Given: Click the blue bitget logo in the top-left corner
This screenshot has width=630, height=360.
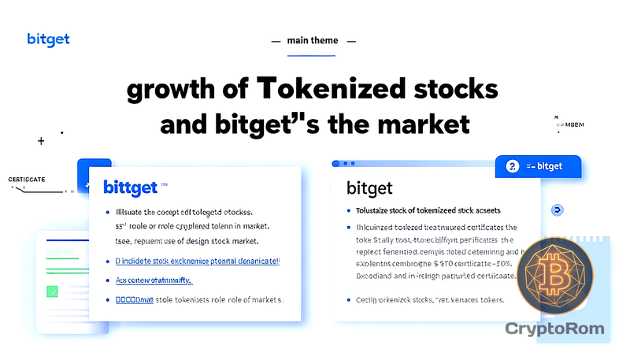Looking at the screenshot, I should click(48, 39).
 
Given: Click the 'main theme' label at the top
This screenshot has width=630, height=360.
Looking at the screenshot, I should click(314, 40).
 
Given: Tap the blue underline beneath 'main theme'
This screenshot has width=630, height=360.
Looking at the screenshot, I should click(314, 55).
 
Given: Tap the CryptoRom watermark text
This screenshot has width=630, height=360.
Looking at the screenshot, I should click(554, 328).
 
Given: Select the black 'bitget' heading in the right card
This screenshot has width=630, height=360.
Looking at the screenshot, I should click(369, 188).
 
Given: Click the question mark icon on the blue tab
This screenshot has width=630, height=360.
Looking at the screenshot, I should click(512, 166).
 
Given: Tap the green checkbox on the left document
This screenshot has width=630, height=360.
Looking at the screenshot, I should click(53, 291).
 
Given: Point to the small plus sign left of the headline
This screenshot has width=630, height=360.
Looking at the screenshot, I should click(41, 141).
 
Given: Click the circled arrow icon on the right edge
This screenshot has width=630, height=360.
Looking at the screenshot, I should click(558, 210).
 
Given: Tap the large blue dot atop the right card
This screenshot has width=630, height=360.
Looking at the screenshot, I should click(335, 164).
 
